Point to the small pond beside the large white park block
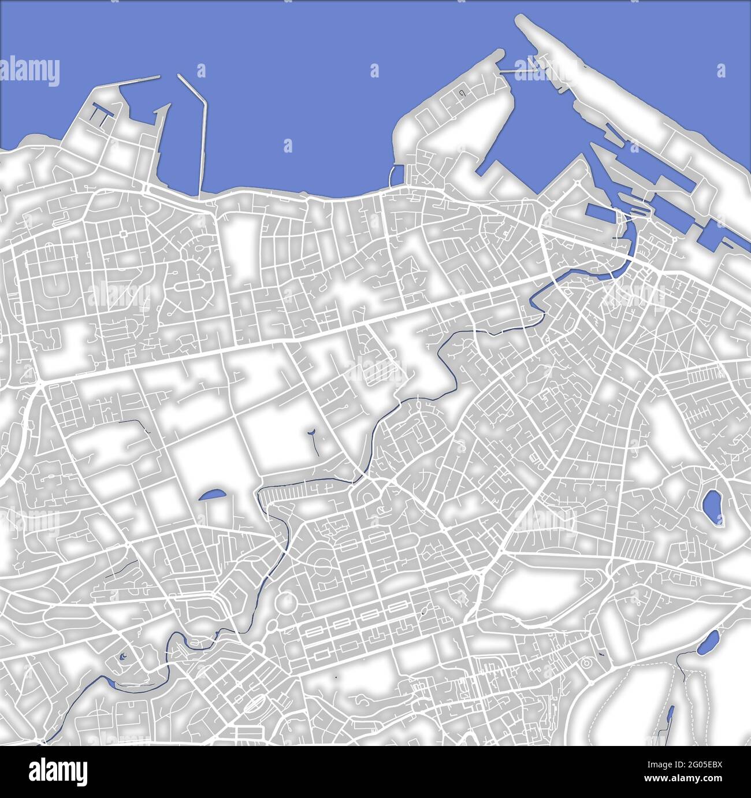point(211,495)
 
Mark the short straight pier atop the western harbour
point(140,80)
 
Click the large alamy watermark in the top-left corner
point(30,72)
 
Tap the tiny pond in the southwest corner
point(123,656)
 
